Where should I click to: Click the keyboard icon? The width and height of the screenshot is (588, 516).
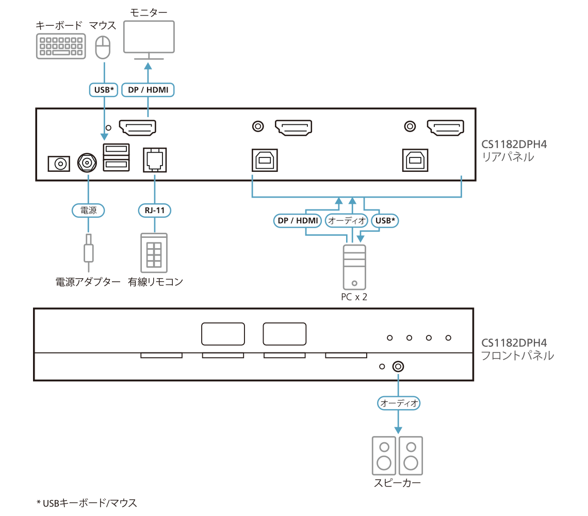click(x=61, y=46)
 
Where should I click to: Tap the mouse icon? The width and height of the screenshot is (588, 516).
click(x=103, y=48)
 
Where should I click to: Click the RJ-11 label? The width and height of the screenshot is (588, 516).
click(x=154, y=210)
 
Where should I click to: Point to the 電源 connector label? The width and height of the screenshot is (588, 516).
click(x=88, y=210)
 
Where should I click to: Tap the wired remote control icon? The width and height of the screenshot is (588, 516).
click(x=154, y=252)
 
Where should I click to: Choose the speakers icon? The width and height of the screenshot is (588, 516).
click(x=397, y=456)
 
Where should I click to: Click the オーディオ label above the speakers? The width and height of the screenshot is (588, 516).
click(x=398, y=403)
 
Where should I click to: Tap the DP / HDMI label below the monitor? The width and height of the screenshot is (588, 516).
click(x=148, y=90)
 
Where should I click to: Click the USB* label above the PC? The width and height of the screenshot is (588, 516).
click(x=386, y=221)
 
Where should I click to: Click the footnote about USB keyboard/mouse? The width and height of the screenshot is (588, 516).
click(x=87, y=503)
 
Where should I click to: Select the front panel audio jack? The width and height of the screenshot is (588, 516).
click(x=398, y=366)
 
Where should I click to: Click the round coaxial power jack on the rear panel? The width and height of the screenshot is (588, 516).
click(x=87, y=164)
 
